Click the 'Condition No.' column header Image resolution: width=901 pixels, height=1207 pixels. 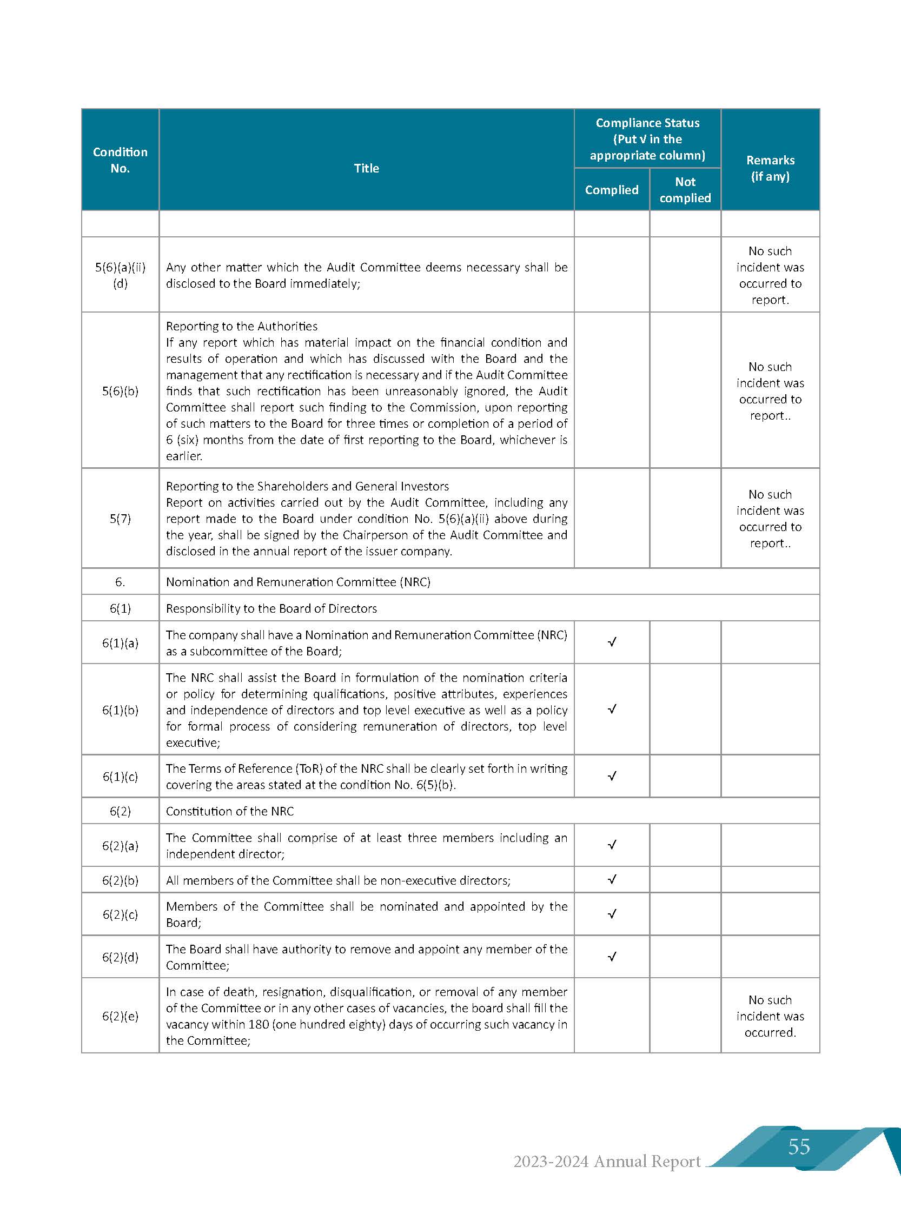120,160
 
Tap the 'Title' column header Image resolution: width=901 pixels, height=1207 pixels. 366,168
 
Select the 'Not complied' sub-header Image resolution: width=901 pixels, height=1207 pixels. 685,190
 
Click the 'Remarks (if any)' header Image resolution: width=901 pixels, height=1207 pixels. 770,168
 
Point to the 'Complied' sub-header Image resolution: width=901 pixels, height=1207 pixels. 611,190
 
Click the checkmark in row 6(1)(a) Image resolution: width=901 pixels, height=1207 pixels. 612,642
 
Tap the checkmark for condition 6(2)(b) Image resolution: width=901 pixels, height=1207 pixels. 612,879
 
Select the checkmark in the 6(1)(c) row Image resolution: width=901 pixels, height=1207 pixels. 612,775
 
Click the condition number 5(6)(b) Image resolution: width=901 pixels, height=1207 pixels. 120,391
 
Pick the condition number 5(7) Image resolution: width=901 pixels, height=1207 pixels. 120,519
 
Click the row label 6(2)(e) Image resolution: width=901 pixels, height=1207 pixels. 120,1016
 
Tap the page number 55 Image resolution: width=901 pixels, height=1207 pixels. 798,1146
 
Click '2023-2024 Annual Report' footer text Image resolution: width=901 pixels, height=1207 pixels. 606,1162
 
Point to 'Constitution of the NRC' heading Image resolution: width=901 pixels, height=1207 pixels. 230,811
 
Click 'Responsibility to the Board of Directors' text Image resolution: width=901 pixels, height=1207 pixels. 271,608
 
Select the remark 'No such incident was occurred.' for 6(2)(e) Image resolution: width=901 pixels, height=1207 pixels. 770,1016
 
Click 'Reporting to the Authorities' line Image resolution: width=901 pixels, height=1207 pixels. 242,326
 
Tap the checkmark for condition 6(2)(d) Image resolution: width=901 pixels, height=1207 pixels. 612,957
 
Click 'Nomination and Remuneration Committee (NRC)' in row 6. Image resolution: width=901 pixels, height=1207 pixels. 298,582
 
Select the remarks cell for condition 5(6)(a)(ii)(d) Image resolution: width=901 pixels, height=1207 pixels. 770,275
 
